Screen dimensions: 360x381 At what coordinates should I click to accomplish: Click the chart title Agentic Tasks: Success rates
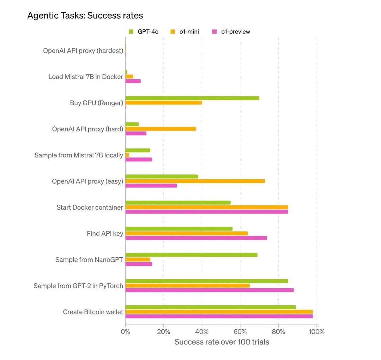pos(85,16)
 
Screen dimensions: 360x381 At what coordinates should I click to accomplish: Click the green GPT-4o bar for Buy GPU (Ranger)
pos(192,98)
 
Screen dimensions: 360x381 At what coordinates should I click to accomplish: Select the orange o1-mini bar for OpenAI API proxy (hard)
pos(161,129)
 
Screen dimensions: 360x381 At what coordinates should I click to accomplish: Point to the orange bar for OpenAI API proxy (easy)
pos(195,181)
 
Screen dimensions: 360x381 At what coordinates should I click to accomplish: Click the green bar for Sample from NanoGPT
pos(191,255)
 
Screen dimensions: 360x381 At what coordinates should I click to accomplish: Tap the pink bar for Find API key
pos(196,238)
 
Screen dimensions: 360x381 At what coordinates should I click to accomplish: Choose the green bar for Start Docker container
pos(178,203)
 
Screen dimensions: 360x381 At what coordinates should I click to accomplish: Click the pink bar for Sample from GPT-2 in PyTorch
pos(209,290)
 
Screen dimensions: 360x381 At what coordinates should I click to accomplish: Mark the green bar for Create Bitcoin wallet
pos(210,307)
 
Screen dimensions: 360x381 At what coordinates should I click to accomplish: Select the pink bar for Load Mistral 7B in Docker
pos(133,81)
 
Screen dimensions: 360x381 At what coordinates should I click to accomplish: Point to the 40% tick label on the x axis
pos(202,332)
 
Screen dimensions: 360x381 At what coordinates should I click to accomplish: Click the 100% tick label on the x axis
pos(316,332)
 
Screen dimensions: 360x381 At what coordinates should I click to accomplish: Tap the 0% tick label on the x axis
pos(125,332)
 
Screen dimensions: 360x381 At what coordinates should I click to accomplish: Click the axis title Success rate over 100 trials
pos(222,342)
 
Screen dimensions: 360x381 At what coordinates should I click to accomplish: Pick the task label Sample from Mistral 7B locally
pos(79,155)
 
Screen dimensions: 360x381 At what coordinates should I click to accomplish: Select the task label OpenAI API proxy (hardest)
pos(83,51)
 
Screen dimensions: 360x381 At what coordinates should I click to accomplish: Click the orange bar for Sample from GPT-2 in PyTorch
pos(187,286)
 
